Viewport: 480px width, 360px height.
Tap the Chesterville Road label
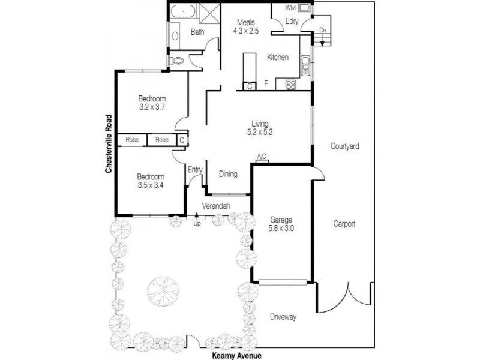pos(109,143)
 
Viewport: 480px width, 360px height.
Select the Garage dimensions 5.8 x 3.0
pos(281,229)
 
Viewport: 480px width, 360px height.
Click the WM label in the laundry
pos(290,8)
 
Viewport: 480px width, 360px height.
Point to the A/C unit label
pos(262,157)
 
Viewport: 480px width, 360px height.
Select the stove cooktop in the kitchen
pos(291,85)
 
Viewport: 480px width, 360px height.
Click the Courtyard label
pos(344,146)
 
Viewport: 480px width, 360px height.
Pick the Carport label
pos(344,224)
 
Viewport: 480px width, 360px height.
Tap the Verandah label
pos(215,206)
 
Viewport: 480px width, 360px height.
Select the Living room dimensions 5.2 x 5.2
pos(260,133)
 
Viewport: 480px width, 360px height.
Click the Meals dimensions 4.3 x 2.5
pos(245,31)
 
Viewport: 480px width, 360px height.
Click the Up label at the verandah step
pos(196,224)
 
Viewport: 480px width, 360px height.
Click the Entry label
pos(195,170)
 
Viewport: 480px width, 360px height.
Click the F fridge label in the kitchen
pos(265,85)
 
